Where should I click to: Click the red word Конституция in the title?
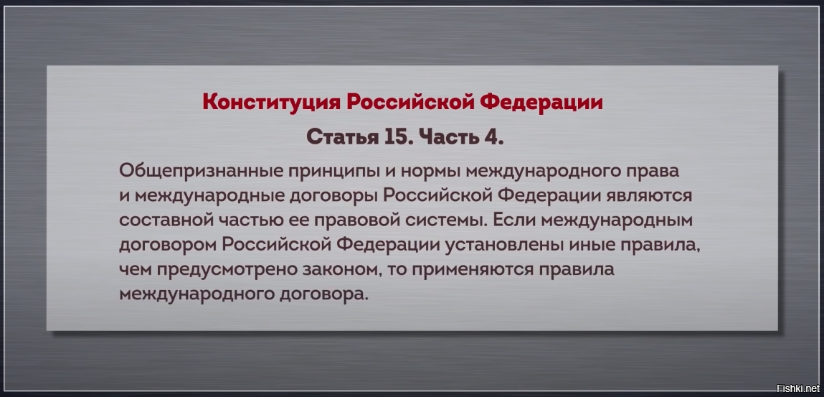tap(271, 102)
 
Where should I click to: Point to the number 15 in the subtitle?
tap(393, 136)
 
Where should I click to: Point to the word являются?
tap(651, 195)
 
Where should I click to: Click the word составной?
tap(166, 220)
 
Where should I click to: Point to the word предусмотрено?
tap(228, 269)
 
